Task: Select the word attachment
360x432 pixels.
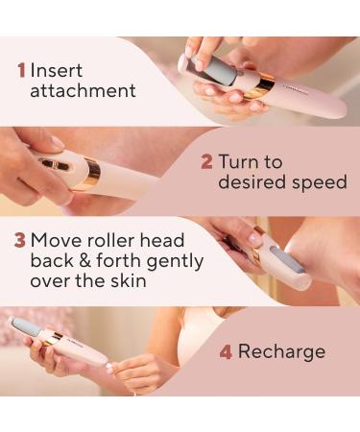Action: coord(83,92)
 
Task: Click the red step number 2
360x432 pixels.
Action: coord(206,160)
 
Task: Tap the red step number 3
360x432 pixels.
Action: coord(18,239)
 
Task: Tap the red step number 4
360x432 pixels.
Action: coord(226,351)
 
